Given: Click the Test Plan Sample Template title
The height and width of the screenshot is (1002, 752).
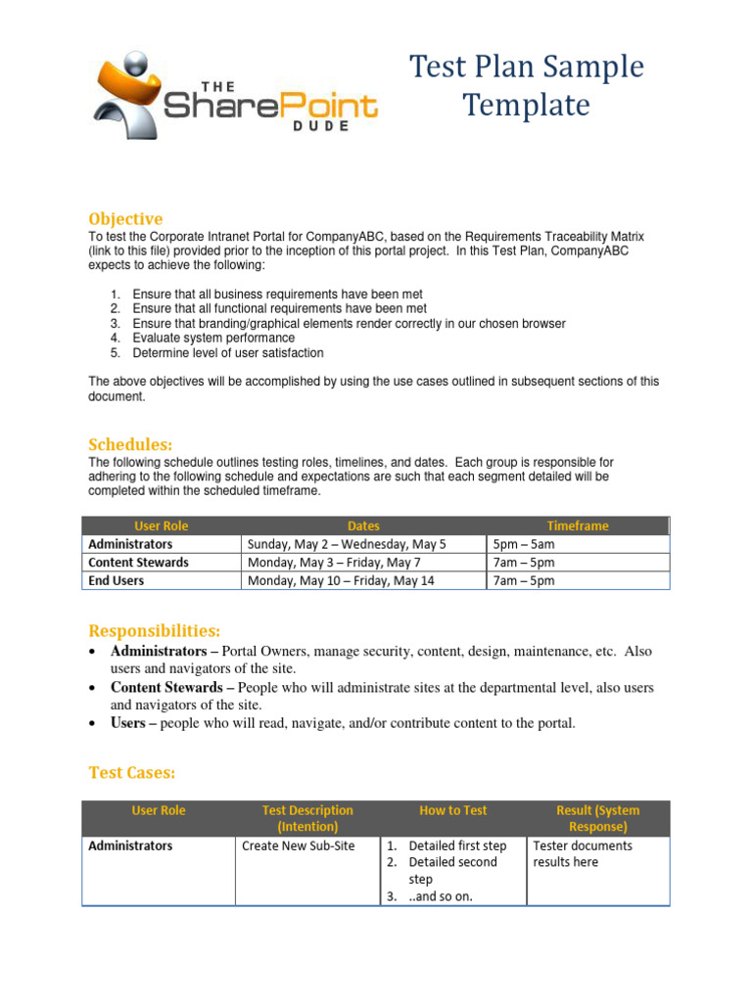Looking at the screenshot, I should click(526, 86).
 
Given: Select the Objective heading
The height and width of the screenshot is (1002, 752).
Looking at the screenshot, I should click(125, 218).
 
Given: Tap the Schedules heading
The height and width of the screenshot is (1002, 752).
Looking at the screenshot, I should click(130, 443).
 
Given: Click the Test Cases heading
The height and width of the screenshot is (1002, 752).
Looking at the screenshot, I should click(131, 773).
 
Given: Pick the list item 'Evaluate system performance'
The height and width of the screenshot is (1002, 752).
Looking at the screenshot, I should click(213, 338).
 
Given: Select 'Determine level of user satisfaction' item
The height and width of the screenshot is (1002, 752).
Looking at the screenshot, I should click(228, 353).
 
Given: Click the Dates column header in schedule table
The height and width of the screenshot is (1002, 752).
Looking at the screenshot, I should click(363, 525).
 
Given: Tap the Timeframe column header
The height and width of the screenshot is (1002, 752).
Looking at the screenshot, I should click(578, 525).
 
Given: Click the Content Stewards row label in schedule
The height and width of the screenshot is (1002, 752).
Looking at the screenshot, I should click(138, 563).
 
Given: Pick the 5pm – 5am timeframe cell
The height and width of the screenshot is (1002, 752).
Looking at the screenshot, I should click(524, 544).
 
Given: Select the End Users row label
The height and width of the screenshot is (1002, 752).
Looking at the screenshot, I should click(116, 580).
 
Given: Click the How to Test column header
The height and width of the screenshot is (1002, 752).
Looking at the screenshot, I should click(452, 810).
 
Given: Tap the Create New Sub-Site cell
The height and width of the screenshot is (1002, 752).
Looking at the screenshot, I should click(298, 845).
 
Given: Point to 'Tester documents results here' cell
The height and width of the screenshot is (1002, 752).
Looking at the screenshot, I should click(583, 853).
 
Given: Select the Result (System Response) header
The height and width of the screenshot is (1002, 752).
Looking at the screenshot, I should click(597, 818).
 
